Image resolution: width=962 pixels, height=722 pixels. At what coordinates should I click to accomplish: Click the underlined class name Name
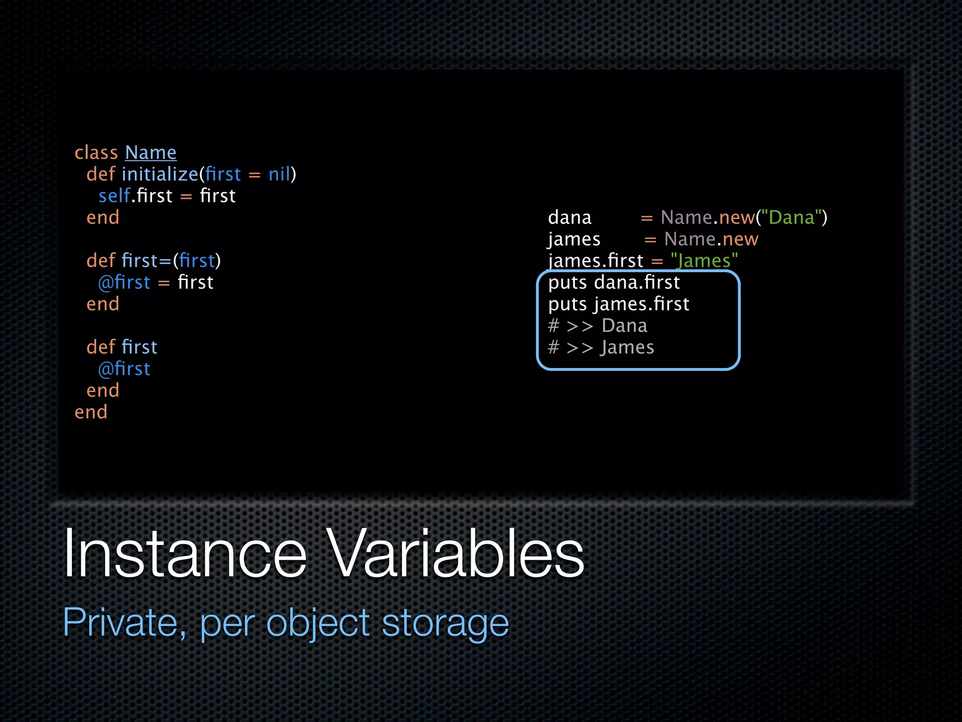click(150, 153)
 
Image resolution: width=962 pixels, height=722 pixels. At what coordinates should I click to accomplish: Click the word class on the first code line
click(96, 153)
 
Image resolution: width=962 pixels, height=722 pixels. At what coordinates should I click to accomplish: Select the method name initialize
click(160, 174)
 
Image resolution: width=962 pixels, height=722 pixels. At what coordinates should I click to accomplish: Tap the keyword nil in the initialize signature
click(280, 174)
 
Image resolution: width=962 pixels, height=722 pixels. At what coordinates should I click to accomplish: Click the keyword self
click(114, 196)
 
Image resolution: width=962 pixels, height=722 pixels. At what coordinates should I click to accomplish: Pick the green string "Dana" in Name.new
click(791, 218)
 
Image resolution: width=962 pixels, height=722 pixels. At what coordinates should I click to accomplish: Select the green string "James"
click(704, 261)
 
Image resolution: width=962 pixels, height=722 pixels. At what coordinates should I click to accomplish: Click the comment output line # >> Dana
click(597, 326)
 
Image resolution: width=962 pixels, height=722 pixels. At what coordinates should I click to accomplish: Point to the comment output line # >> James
click(601, 347)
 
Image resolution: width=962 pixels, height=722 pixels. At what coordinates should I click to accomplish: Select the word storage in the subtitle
click(445, 622)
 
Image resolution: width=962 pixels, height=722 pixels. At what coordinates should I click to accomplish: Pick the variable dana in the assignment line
click(569, 218)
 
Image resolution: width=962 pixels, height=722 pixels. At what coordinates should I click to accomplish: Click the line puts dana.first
click(614, 283)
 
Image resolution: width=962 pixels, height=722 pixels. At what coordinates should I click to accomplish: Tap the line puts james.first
click(619, 304)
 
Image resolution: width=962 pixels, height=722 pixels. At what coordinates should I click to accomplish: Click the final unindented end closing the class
click(91, 412)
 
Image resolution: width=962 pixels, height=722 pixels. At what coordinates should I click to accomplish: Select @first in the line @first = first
click(124, 283)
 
